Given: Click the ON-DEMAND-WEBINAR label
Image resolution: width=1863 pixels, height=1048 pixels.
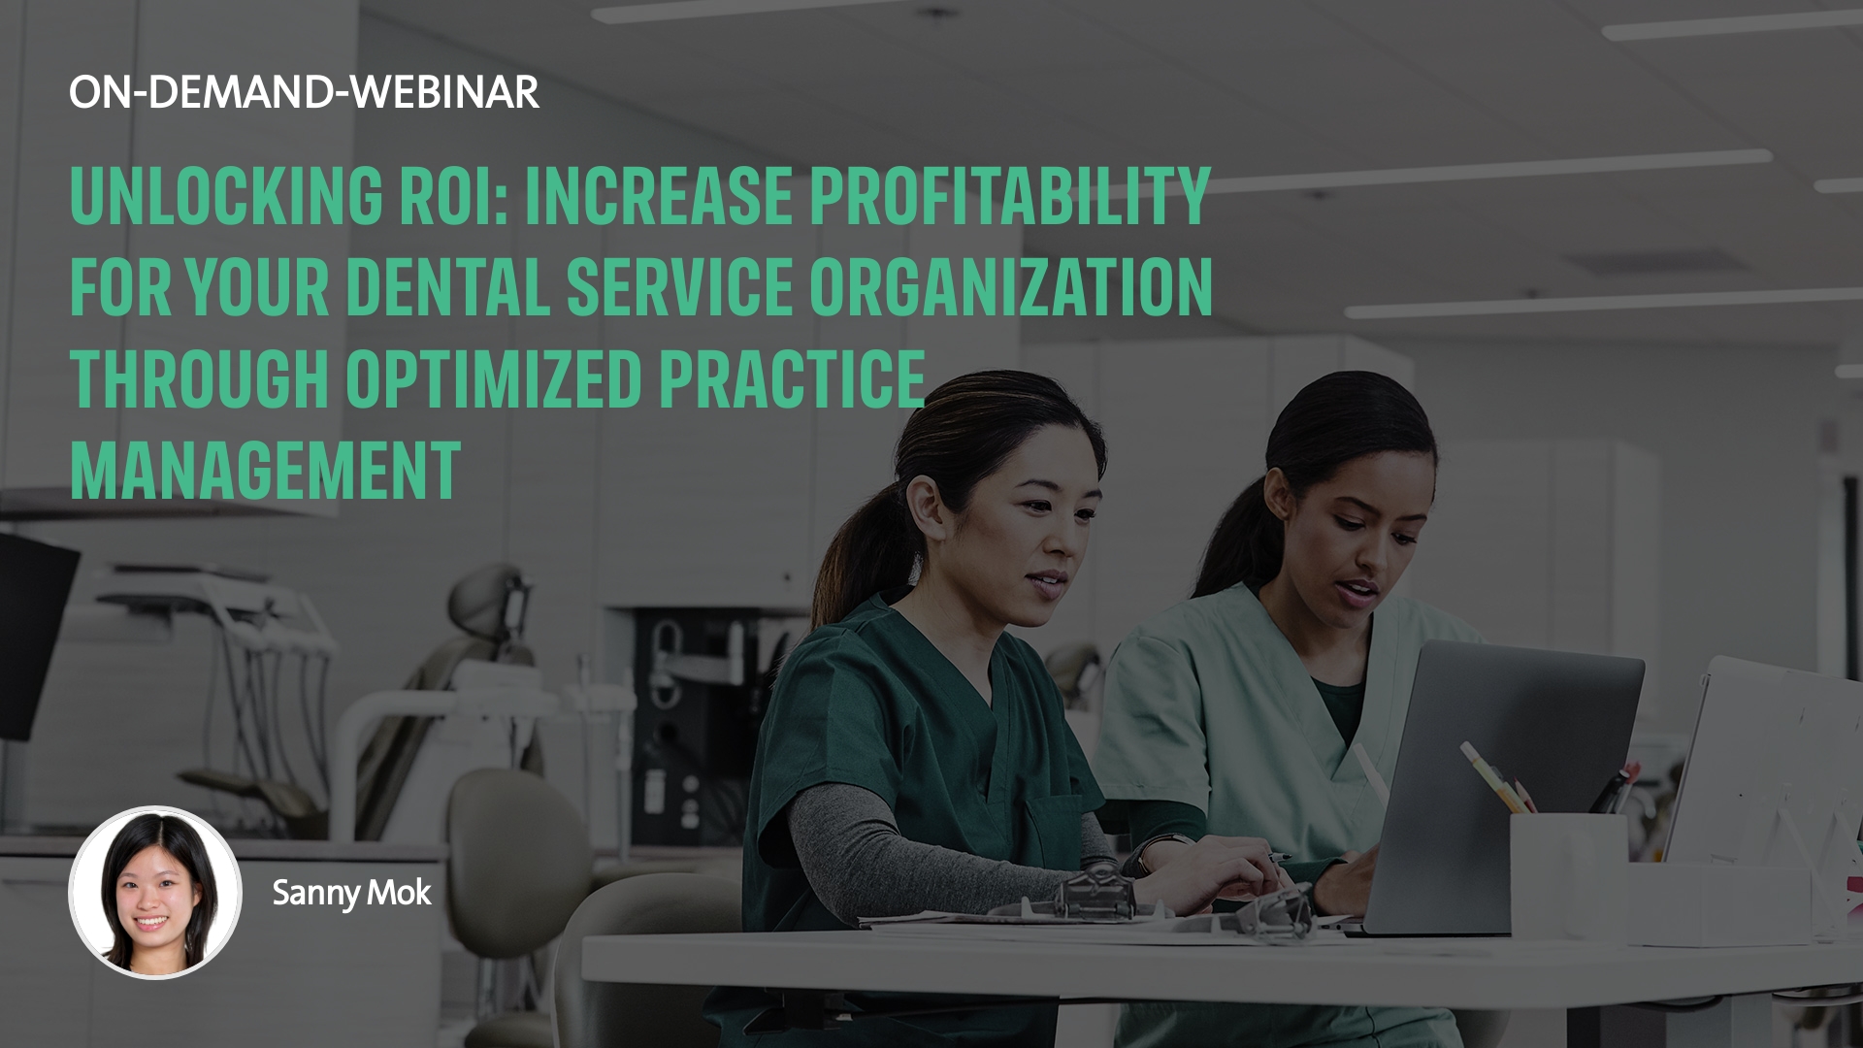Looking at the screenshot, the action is pyautogui.click(x=305, y=92).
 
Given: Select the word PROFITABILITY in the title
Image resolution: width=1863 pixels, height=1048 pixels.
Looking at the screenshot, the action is pyautogui.click(x=1010, y=196).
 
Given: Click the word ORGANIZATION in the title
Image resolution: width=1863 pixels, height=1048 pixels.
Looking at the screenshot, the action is pyautogui.click(x=1011, y=286).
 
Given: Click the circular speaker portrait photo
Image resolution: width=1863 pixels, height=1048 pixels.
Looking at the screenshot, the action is pyautogui.click(x=155, y=892).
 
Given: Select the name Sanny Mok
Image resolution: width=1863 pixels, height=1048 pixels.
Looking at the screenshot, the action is pyautogui.click(x=351, y=893).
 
